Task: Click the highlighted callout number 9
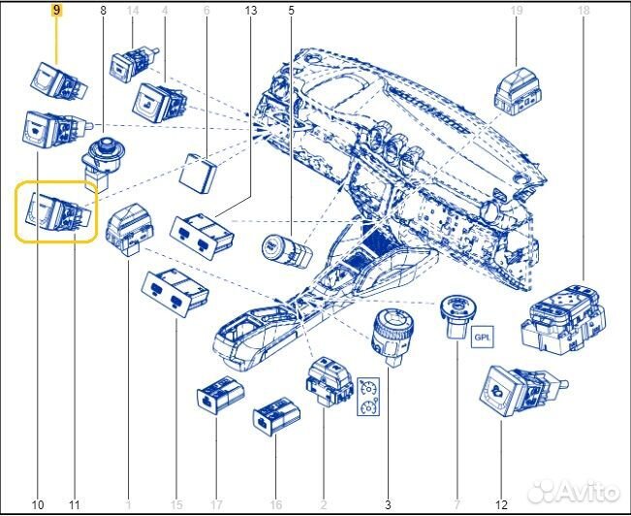[x=56, y=11]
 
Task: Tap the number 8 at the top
[x=104, y=11]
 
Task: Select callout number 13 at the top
[x=250, y=11]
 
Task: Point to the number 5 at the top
[x=291, y=11]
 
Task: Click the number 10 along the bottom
[x=38, y=504]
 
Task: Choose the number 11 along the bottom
[x=75, y=504]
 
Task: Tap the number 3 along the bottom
[x=388, y=504]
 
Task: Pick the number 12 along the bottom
[x=502, y=504]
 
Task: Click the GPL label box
[x=482, y=337]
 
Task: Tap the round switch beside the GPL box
[x=457, y=317]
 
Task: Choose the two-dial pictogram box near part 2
[x=368, y=397]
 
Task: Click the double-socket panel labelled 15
[x=174, y=292]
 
